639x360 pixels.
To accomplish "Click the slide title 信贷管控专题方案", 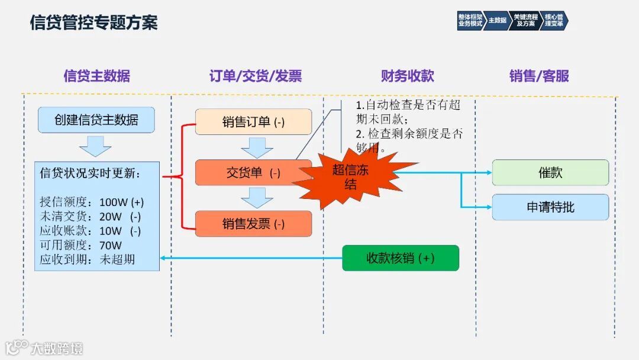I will pyautogui.click(x=93, y=23).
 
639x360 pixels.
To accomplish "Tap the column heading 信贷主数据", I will pyautogui.click(x=96, y=76).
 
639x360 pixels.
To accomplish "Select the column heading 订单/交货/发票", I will pyautogui.click(x=256, y=76).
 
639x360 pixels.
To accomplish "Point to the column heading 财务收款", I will pyautogui.click(x=408, y=76).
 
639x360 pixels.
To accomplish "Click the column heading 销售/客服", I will pyautogui.click(x=539, y=76).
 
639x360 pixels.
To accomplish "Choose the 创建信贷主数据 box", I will pyautogui.click(x=96, y=120).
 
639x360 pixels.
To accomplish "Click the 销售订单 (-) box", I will pyautogui.click(x=253, y=122).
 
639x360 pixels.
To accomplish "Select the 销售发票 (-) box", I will pyautogui.click(x=253, y=224).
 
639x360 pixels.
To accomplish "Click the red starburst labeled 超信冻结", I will pyautogui.click(x=351, y=176).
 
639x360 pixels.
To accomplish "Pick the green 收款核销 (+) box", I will pyautogui.click(x=401, y=258).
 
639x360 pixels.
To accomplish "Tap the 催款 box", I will pyautogui.click(x=550, y=173).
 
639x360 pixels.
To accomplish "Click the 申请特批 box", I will pyautogui.click(x=550, y=207).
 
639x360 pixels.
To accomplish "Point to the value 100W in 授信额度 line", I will pyautogui.click(x=113, y=202).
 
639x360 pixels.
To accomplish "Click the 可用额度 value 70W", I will pyautogui.click(x=111, y=245).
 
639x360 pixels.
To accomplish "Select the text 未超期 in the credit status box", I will pyautogui.click(x=117, y=259).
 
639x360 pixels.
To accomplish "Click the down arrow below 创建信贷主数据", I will pyautogui.click(x=95, y=146).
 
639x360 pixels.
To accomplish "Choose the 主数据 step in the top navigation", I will pyautogui.click(x=497, y=20).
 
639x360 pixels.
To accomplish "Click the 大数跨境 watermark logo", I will pyautogui.click(x=45, y=348).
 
